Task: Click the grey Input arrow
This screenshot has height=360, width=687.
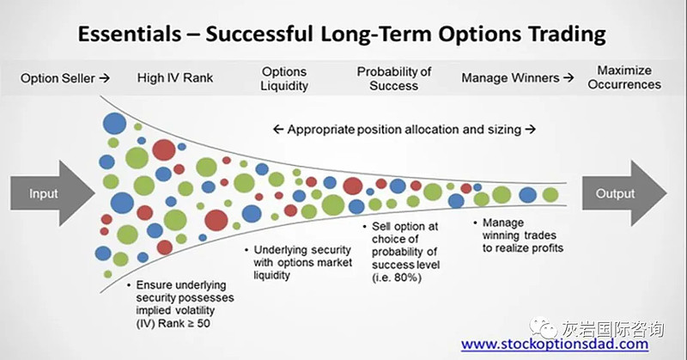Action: pos(52,193)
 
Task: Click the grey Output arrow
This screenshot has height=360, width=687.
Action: pos(624,193)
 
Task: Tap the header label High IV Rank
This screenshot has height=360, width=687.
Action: pos(175,78)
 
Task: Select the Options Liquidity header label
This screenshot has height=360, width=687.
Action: pos(284,78)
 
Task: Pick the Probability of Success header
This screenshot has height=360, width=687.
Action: pos(394,78)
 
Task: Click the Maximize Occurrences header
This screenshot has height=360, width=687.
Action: pos(624,77)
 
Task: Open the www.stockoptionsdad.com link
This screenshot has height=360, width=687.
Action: pos(555,344)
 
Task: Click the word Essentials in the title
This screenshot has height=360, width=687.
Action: pos(130,34)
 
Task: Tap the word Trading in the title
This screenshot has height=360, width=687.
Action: pos(567,34)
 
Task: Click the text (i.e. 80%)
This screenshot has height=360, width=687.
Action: pos(397,278)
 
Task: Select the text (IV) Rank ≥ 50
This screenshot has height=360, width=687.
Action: pos(173,324)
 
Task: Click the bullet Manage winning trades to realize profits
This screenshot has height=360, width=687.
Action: pos(520,235)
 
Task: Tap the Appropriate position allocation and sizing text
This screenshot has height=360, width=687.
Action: pos(404,130)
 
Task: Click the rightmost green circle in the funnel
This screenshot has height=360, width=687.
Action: pos(550,195)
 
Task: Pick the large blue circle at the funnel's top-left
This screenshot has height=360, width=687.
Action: pos(114,123)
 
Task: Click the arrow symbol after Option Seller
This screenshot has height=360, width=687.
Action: pos(104,78)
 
